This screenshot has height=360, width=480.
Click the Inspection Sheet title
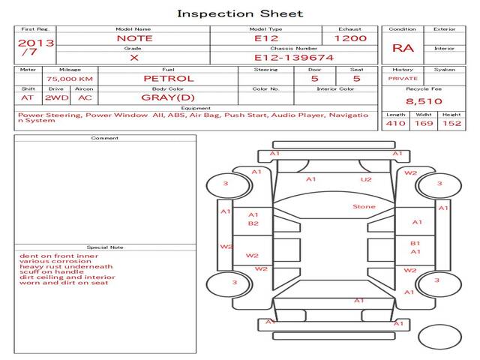point(240,13)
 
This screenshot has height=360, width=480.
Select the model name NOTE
point(134,38)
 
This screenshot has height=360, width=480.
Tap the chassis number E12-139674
point(294,57)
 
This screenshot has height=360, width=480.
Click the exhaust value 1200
point(350,38)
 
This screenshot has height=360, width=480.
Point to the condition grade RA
point(403,48)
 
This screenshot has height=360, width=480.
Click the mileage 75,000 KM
point(70,79)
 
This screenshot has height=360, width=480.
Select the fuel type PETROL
point(169,78)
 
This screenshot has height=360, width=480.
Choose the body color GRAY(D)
point(168,97)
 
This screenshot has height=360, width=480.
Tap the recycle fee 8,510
point(424,100)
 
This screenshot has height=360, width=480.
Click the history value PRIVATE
point(403,78)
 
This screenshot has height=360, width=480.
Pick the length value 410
point(395,123)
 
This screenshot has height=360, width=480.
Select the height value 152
point(451,123)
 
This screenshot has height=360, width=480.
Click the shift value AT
point(28,97)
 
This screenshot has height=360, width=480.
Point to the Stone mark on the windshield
point(364,207)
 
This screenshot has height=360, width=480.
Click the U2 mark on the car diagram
point(366,179)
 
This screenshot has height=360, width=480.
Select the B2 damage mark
point(253,223)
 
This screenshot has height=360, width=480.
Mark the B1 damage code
point(415,243)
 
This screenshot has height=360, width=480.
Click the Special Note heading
point(104,247)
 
